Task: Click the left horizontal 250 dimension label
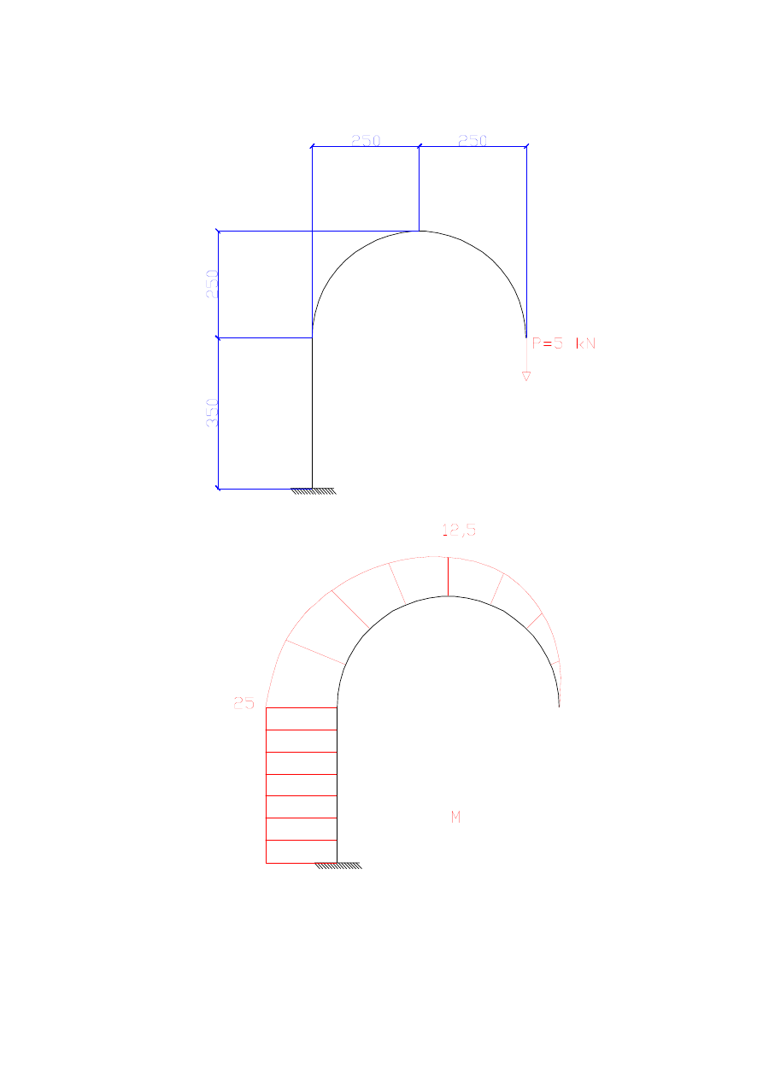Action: (366, 141)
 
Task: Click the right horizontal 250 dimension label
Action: (472, 141)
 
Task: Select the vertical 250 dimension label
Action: (212, 284)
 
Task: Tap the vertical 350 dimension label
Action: (212, 413)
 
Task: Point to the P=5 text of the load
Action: (547, 343)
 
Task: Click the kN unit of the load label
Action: (586, 343)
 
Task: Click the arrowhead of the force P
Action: (526, 376)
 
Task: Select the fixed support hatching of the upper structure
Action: (313, 491)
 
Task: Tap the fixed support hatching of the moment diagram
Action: (337, 865)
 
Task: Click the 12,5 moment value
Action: (459, 531)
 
